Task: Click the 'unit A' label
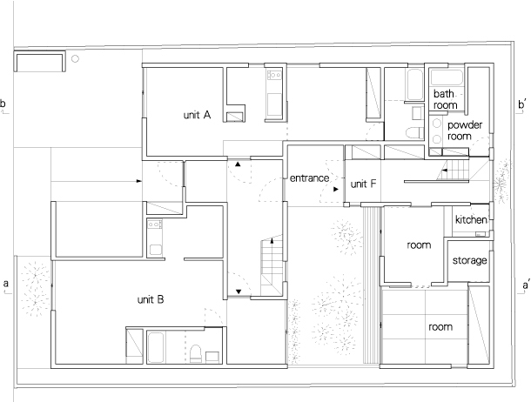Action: [x=197, y=115]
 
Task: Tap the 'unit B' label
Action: [x=151, y=299]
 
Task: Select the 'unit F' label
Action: [x=363, y=184]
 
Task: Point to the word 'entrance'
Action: [x=309, y=178]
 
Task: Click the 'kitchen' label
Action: [x=471, y=219]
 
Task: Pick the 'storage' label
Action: [x=470, y=260]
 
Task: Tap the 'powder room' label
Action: [x=465, y=131]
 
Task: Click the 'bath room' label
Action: [x=445, y=99]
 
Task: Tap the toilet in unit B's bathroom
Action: [x=195, y=353]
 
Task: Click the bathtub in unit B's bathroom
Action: [x=156, y=347]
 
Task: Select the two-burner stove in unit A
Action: [x=274, y=75]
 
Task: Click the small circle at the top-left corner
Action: [x=75, y=58]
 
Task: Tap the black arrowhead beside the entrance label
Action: [x=336, y=190]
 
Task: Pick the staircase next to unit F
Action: [x=453, y=171]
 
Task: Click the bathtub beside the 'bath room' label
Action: [x=447, y=77]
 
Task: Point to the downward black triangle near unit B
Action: [x=239, y=291]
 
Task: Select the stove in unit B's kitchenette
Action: [x=154, y=224]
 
